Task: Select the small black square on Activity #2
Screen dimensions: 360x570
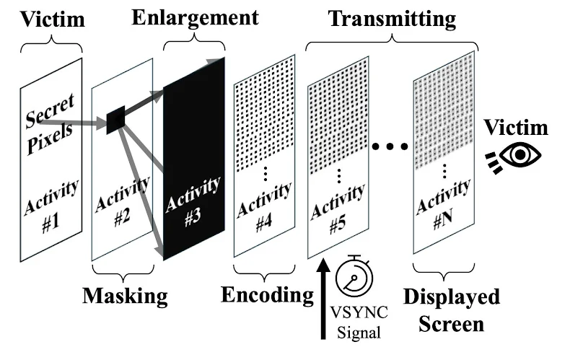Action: click(x=116, y=120)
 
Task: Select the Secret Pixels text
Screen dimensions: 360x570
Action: click(x=51, y=120)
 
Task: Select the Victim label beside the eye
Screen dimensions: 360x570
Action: click(x=516, y=128)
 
